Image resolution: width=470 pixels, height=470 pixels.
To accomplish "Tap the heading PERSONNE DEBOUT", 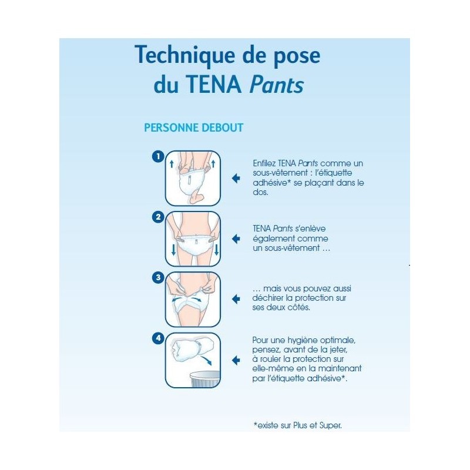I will (193, 127).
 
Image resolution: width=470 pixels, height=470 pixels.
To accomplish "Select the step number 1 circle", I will (157, 156).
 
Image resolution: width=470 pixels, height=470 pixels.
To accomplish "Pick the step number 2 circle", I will (157, 217).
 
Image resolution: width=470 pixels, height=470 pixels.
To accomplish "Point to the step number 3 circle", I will (157, 277).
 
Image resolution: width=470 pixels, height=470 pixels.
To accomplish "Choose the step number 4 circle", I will (157, 338).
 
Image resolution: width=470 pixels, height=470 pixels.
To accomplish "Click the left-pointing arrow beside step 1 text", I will (236, 178).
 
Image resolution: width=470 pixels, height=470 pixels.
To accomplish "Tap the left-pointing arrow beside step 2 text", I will (236, 239).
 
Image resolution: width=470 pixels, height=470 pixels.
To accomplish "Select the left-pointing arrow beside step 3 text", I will (236, 299).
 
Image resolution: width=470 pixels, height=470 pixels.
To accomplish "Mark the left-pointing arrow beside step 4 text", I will (236, 360).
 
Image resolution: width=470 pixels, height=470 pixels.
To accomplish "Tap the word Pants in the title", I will (276, 85).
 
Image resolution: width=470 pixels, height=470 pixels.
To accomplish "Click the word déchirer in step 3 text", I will (268, 298).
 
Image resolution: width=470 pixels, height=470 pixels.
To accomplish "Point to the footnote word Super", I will (330, 425).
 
